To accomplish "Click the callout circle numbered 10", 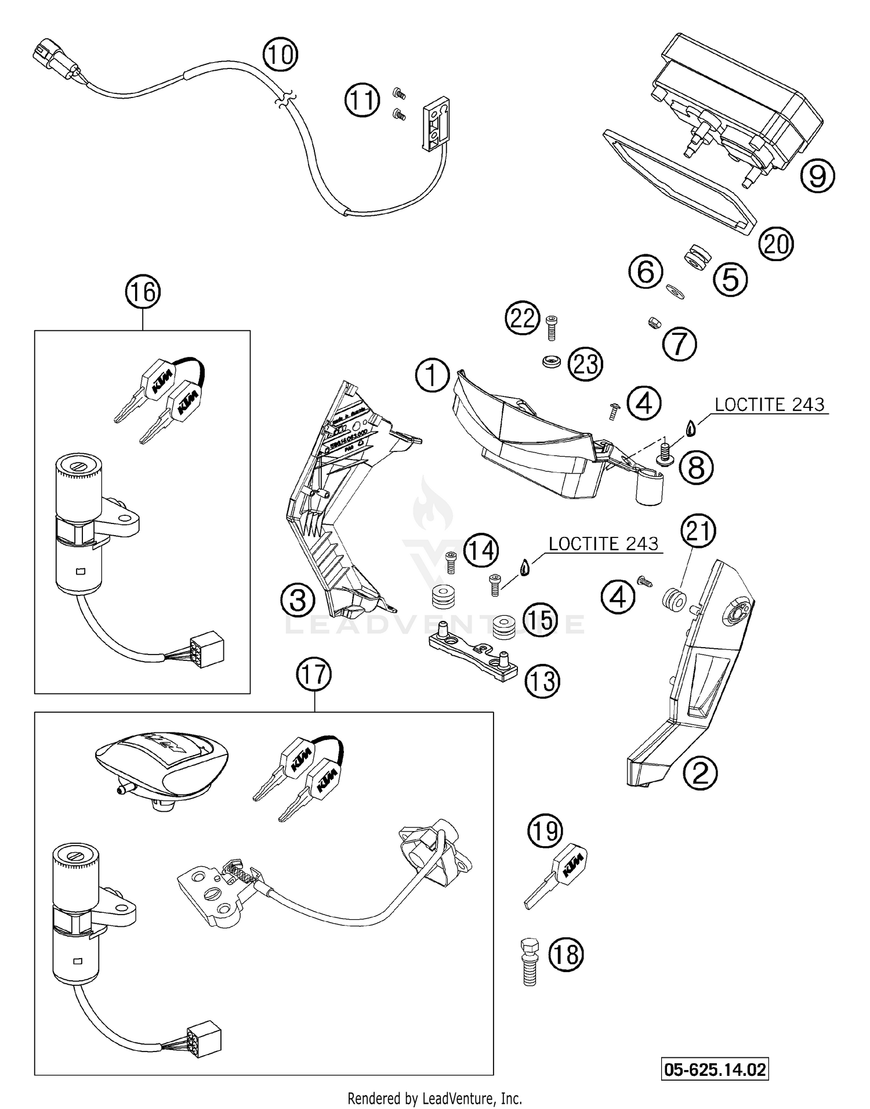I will pos(280,55).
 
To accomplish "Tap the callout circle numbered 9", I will pos(817,175).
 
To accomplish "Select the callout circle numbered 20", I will pos(776,244).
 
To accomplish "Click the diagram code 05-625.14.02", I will pos(715,1069).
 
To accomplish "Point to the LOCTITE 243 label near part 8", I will pos(769,404).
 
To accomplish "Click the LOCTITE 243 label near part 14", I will pos(603,544).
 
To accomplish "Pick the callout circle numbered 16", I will pos(143,292).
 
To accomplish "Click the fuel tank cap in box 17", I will pos(162,761).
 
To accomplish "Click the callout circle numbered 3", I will pos(298,599).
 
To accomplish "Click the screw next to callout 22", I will pos(552,327).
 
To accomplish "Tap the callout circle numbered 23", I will pos(586,364).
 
